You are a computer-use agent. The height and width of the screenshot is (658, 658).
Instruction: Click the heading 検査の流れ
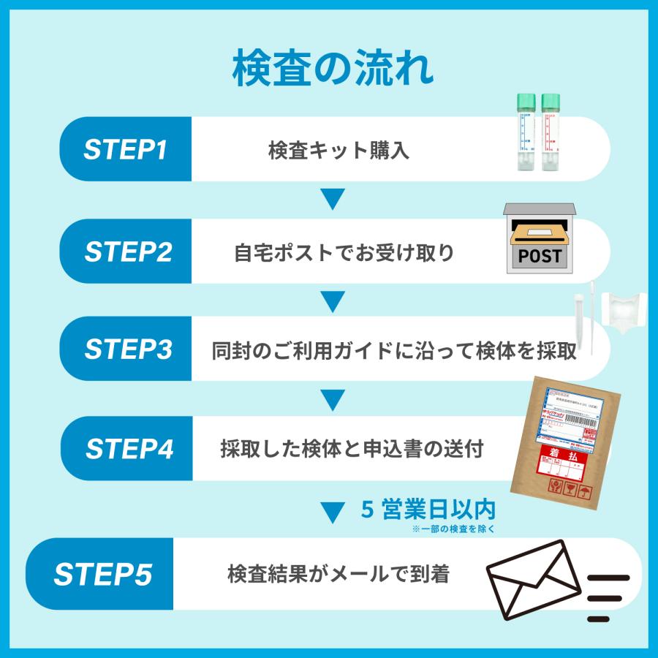pos(333,70)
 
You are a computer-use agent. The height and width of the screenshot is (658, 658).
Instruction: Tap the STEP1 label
pos(126,150)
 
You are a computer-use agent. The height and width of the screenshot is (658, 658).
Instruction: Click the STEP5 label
pos(102,575)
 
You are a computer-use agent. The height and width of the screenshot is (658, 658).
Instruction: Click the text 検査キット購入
pos(339,151)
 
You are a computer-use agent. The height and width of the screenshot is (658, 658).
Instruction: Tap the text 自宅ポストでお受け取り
pos(344,254)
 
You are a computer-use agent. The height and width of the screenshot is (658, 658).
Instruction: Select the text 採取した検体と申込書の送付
pos(352,450)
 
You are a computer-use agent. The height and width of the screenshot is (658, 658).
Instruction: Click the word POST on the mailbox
pos(540,256)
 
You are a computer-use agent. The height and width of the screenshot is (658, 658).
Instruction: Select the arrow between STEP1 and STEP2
pos(333,199)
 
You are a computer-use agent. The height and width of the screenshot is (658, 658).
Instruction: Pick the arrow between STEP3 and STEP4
pos(333,399)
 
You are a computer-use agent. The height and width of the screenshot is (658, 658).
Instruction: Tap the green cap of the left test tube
pos(525,102)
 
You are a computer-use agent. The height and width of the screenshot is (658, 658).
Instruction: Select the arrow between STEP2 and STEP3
pos(333,300)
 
